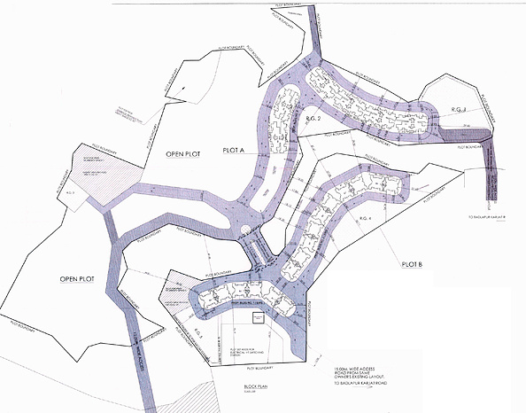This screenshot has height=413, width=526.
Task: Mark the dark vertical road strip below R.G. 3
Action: click(494, 174)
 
